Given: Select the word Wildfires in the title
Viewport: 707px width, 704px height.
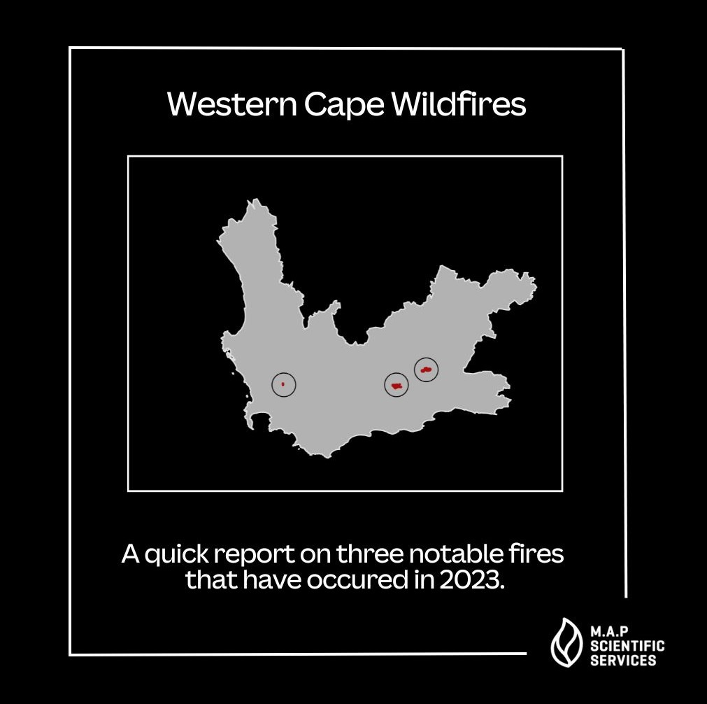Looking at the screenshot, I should pyautogui.click(x=458, y=105).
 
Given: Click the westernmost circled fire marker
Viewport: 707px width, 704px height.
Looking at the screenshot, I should pyautogui.click(x=283, y=384).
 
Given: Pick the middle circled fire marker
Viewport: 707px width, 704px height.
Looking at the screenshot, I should pyautogui.click(x=397, y=385).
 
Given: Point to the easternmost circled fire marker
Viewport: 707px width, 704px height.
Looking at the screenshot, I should pyautogui.click(x=426, y=369).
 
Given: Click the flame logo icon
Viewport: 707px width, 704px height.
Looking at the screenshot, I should pyautogui.click(x=565, y=642).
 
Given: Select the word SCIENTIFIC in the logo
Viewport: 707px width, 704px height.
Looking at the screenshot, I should pyautogui.click(x=627, y=646).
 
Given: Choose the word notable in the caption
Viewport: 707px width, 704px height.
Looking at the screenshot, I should pyautogui.click(x=455, y=554).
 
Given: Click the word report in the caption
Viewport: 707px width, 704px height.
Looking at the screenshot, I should pyautogui.click(x=252, y=555).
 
